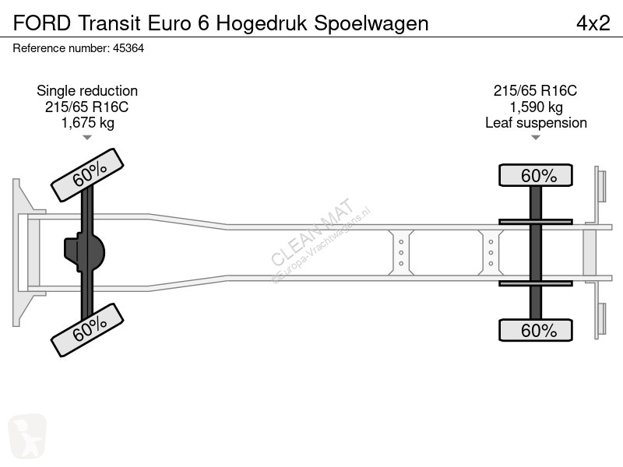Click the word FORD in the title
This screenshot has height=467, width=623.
[x=42, y=23]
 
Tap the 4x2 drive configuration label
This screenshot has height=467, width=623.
[x=593, y=23]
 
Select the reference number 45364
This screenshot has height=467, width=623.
[x=128, y=48]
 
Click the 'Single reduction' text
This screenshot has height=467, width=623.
[x=87, y=91]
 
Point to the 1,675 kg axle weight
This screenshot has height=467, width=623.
[x=87, y=123]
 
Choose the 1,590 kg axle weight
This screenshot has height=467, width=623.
[x=536, y=107]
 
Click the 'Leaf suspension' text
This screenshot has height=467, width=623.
[x=536, y=123]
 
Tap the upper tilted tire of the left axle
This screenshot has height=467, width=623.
[x=87, y=175]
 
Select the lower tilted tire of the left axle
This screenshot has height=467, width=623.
[x=87, y=330]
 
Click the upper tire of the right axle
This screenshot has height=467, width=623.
[x=536, y=175]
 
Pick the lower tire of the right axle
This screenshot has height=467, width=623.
[x=536, y=330]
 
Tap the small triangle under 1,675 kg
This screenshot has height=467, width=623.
[x=87, y=138]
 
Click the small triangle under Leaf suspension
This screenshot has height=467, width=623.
[x=536, y=138]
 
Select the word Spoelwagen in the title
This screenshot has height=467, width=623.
[x=371, y=24]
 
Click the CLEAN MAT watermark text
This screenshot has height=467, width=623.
[x=312, y=231]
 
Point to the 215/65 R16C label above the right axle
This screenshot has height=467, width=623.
[x=535, y=91]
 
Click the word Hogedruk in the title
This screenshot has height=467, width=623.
[x=262, y=24]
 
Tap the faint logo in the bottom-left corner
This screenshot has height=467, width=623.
[x=27, y=436]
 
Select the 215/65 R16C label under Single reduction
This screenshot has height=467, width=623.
[x=87, y=107]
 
